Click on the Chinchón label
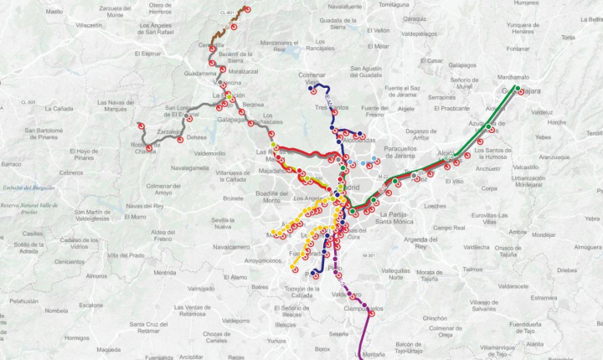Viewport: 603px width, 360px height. tap(435, 318)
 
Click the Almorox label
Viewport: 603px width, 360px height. tap(97, 275)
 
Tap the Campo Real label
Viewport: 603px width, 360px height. tap(448, 227)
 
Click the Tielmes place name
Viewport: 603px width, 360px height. tap(472, 270)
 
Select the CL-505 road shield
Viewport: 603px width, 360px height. tap(28, 102)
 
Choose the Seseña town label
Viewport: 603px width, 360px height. tap(338, 333)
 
